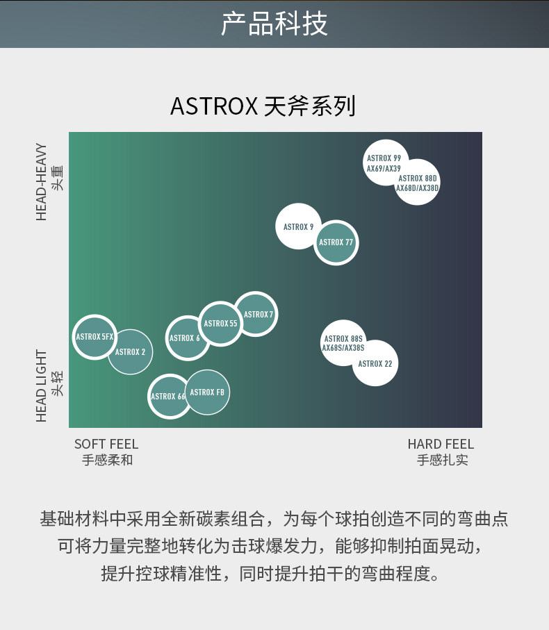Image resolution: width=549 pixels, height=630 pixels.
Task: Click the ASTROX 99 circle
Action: (384, 162)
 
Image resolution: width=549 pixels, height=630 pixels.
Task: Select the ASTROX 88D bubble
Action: (418, 183)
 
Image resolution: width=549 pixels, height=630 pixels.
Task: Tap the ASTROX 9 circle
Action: (298, 226)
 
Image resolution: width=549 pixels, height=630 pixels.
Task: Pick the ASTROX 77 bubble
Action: (336, 242)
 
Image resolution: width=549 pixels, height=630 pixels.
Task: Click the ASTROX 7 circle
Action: (256, 314)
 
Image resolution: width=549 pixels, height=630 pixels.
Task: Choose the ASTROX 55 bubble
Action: (221, 323)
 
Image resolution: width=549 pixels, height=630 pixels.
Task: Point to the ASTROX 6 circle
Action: (187, 338)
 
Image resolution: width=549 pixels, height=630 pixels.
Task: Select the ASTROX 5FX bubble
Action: (95, 336)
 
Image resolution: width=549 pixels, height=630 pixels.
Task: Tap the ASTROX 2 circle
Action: (131, 352)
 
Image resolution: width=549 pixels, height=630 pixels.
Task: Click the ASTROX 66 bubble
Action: (169, 397)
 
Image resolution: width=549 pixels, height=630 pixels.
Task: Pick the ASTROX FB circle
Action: (207, 392)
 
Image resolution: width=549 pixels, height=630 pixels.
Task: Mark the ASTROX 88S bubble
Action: (343, 342)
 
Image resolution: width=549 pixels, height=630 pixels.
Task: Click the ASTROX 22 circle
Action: (375, 363)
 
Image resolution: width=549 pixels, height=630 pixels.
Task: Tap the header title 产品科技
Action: (274, 24)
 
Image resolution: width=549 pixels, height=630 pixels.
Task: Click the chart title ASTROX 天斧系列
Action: (263, 106)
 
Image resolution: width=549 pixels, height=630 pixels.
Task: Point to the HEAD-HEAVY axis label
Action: (42, 181)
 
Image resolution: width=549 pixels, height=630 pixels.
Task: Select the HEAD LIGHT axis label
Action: (42, 386)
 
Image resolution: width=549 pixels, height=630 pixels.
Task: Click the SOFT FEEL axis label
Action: (106, 444)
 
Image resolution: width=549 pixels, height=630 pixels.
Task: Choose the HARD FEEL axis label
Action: (441, 444)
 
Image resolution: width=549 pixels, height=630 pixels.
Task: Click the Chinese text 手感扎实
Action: (443, 460)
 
